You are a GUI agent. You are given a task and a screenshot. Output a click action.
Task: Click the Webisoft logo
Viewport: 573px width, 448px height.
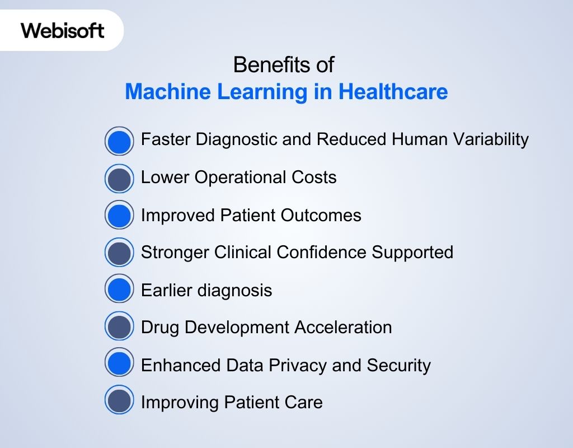click(x=63, y=30)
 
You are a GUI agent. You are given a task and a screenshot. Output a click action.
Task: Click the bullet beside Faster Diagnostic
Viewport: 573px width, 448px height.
click(x=119, y=141)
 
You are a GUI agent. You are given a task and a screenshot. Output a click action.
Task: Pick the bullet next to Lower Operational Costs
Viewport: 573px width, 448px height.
click(x=119, y=179)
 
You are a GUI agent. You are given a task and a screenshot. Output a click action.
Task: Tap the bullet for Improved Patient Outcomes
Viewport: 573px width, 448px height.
click(x=119, y=216)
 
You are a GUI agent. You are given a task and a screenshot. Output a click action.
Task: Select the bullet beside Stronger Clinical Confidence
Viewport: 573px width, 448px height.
click(x=119, y=253)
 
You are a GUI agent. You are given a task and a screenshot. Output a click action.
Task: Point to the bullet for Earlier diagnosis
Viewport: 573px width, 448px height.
click(x=119, y=290)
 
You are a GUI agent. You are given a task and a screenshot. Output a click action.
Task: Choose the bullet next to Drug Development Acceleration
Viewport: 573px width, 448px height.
click(x=119, y=327)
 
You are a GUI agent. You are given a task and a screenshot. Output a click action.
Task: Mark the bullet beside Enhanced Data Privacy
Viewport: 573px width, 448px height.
click(x=119, y=365)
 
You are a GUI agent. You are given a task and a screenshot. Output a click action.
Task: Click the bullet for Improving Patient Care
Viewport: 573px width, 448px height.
click(x=119, y=402)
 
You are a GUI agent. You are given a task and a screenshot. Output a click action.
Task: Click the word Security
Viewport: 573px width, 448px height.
click(x=399, y=365)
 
